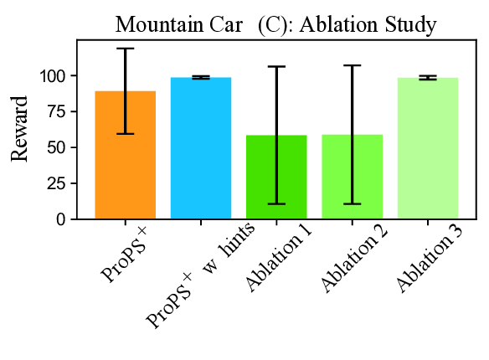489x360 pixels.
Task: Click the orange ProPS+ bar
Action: [x=126, y=155]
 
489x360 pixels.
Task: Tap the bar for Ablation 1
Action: [x=276, y=177]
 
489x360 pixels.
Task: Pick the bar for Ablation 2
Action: [x=352, y=177]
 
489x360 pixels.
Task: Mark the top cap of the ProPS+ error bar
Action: [x=126, y=49]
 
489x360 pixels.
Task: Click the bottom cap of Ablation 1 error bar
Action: [x=276, y=203]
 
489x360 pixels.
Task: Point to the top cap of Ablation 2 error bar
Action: [x=352, y=65]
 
